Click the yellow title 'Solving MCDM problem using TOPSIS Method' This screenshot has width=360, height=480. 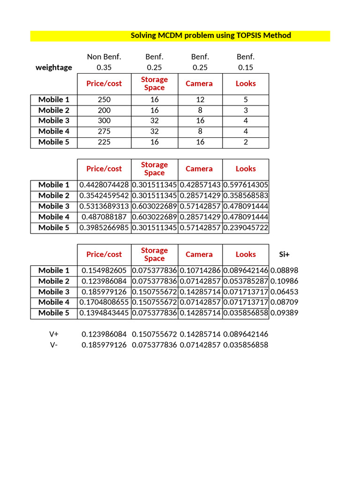(210, 36)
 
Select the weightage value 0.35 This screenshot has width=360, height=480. (104, 67)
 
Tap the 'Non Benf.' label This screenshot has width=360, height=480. (104, 57)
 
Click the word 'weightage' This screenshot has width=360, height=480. (54, 67)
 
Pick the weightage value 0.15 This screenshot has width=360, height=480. (246, 67)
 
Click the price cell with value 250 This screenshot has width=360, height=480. (104, 99)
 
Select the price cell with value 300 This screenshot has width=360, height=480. (104, 121)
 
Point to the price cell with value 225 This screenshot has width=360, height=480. (104, 142)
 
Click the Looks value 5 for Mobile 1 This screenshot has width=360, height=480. (246, 99)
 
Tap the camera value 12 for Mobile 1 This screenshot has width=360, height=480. (200, 99)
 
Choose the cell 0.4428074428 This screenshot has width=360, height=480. (104, 185)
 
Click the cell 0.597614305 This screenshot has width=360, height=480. (246, 185)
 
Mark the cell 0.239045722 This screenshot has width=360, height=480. (246, 228)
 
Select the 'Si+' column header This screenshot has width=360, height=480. (284, 254)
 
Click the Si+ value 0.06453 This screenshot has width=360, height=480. (284, 292)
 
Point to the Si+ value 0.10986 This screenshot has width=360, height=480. (284, 281)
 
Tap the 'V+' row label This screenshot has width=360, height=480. (54, 334)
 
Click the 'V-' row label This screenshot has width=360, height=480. (54, 345)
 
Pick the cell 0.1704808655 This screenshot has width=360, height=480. (104, 302)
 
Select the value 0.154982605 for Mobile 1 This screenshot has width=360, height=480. (104, 270)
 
